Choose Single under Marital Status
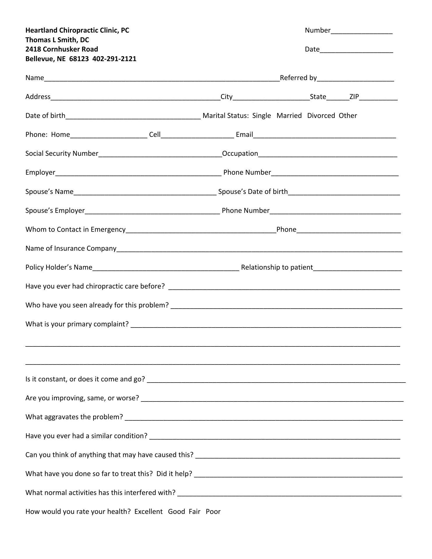tap(261, 116)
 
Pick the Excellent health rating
tap(148, 512)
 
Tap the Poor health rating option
tap(213, 512)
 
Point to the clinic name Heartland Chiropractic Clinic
tap(77, 30)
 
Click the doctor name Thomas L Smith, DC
tap(57, 40)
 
